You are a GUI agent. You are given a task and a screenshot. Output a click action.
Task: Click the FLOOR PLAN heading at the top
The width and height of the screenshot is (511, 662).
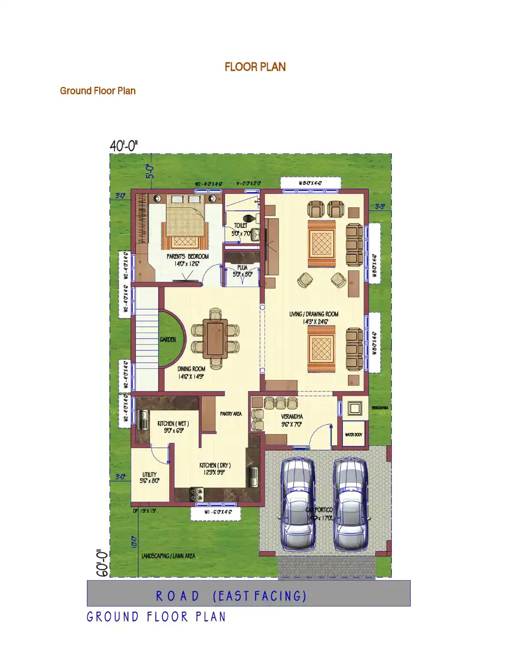(255, 67)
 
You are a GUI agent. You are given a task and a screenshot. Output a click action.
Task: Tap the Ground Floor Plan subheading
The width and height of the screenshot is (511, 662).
(98, 91)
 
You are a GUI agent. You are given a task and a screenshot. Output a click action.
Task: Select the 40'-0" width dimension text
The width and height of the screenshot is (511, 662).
(124, 146)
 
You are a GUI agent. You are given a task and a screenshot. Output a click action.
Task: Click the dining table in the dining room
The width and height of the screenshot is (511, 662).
(215, 338)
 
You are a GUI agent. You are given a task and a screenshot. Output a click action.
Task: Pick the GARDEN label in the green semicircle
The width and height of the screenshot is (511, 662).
(168, 339)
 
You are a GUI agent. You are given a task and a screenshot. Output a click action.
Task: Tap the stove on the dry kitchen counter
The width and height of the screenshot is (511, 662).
(198, 493)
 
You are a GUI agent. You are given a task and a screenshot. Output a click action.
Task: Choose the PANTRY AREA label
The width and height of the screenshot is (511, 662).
(230, 414)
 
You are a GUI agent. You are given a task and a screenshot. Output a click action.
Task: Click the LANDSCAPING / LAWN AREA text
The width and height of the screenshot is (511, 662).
(168, 556)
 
